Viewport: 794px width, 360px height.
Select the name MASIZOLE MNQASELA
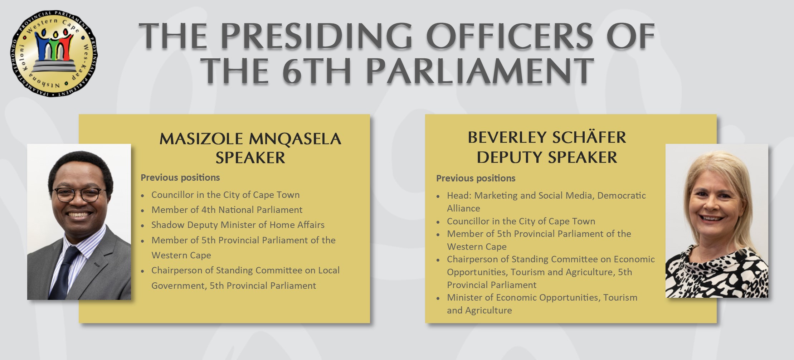[x=250, y=138]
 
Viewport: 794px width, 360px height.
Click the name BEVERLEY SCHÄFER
[x=547, y=137]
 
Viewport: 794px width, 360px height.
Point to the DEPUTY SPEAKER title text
[x=547, y=157]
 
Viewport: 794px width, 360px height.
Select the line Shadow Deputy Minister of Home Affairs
[x=238, y=225]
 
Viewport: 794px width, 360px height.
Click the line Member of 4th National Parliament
[x=227, y=210]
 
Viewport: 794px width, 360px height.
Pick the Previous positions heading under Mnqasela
[x=180, y=177]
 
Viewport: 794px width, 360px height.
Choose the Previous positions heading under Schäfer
[x=476, y=178]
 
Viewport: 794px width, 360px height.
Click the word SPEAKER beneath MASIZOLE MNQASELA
[x=250, y=158]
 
